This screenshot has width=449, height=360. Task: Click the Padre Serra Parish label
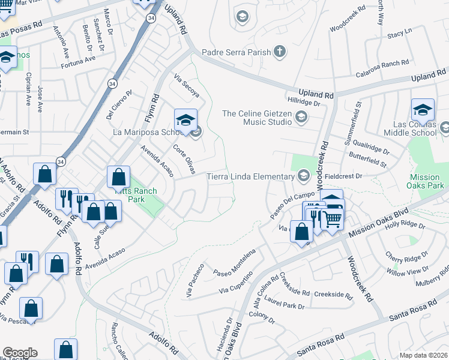[237, 52]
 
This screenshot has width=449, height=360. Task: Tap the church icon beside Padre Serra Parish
[280, 52]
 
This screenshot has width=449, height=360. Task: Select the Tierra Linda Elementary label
[250, 176]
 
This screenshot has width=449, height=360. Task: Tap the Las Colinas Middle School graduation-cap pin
[423, 110]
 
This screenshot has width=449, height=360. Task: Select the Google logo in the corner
[19, 353]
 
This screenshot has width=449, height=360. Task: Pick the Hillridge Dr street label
[304, 103]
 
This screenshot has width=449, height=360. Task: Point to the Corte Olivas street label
[184, 160]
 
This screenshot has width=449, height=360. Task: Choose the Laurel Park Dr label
[285, 305]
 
